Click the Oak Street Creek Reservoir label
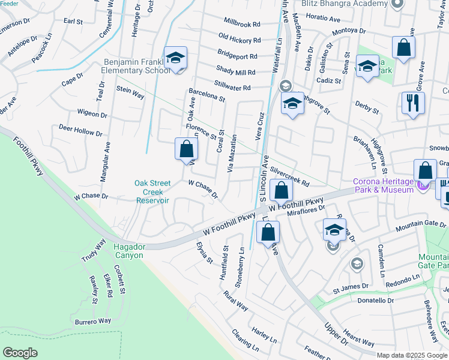[x=152, y=192]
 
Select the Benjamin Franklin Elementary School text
[x=136, y=66]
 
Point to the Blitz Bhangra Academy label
[x=345, y=4]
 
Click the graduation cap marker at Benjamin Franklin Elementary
[x=175, y=59]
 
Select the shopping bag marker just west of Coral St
[x=187, y=149]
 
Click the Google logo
[x=20, y=353]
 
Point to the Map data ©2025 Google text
[x=411, y=355]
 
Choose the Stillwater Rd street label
[x=232, y=88]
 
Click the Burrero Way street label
[x=93, y=322]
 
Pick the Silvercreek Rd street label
[x=289, y=175]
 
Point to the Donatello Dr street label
[x=375, y=300]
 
